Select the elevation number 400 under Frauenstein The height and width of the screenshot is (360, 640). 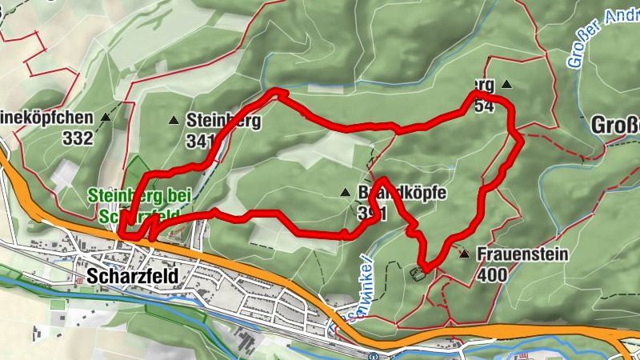pyautogui.click(x=491, y=274)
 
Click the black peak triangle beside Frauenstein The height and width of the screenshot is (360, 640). pyautogui.click(x=465, y=254)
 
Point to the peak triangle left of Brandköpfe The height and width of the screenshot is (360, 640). pyautogui.click(x=345, y=192)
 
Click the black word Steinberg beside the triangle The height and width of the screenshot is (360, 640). pyautogui.click(x=223, y=121)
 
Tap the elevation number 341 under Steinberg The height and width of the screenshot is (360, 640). pyautogui.click(x=199, y=142)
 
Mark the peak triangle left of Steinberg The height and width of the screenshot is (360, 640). pyautogui.click(x=174, y=121)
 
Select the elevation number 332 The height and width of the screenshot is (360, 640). pyautogui.click(x=78, y=137)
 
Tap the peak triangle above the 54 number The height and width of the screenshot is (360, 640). pyautogui.click(x=506, y=83)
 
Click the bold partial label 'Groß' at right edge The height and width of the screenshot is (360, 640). pyautogui.click(x=617, y=125)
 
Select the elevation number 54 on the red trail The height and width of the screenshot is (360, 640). pyautogui.click(x=483, y=105)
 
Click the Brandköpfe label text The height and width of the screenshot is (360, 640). pyautogui.click(x=400, y=194)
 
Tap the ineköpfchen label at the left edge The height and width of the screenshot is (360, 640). pyautogui.click(x=47, y=118)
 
